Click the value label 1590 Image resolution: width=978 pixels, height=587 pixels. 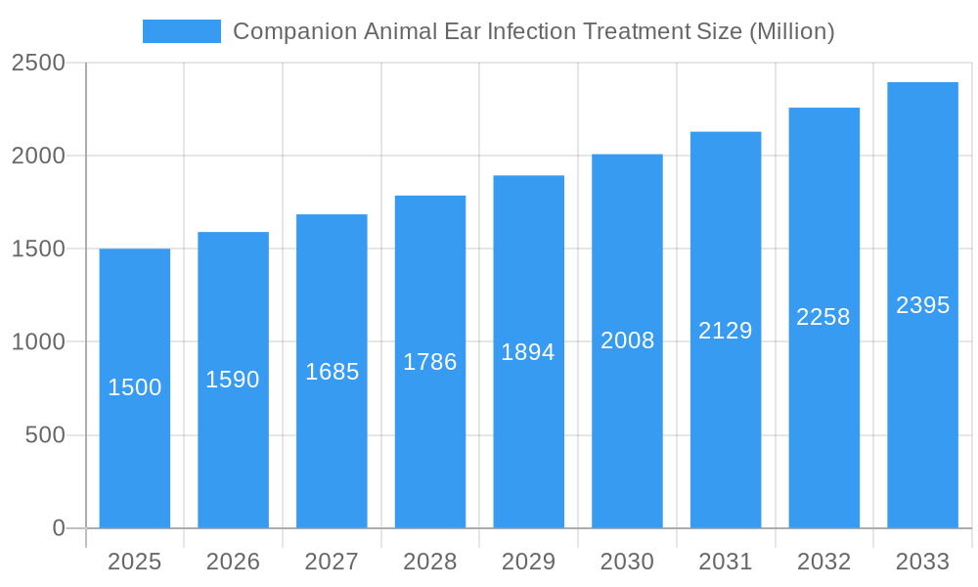(233, 380)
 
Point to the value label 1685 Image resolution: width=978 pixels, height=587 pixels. (332, 372)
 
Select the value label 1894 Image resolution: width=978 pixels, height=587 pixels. (528, 352)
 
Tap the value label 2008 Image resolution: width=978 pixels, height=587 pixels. (627, 340)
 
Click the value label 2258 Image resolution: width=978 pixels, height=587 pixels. (823, 317)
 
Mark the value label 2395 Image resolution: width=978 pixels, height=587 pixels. (922, 305)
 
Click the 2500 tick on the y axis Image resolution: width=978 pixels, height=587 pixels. (38, 64)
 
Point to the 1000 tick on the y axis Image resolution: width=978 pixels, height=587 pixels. (38, 342)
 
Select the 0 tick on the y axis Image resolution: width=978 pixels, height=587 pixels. (58, 528)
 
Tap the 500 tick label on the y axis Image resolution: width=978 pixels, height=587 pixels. (45, 435)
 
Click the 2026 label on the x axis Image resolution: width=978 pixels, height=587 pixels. (233, 562)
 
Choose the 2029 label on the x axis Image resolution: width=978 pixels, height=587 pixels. (528, 562)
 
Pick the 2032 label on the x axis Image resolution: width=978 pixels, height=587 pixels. (823, 562)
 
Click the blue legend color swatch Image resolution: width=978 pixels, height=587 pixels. (182, 31)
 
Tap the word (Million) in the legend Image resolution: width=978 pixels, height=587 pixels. (791, 31)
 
